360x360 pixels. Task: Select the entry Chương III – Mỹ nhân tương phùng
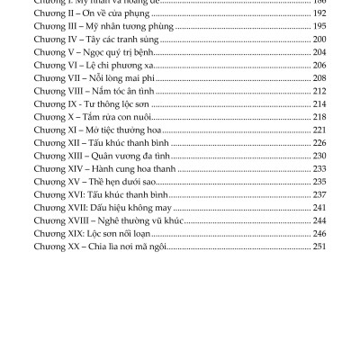pyautogui.click(x=103, y=27)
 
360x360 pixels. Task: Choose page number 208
pyautogui.click(x=316, y=77)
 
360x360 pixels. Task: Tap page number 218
pyautogui.click(x=316, y=116)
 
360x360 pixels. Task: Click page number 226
pyautogui.click(x=316, y=142)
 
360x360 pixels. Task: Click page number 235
pyautogui.click(x=316, y=180)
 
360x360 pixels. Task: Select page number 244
pyautogui.click(x=316, y=219)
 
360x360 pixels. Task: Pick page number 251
pyautogui.click(x=316, y=245)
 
